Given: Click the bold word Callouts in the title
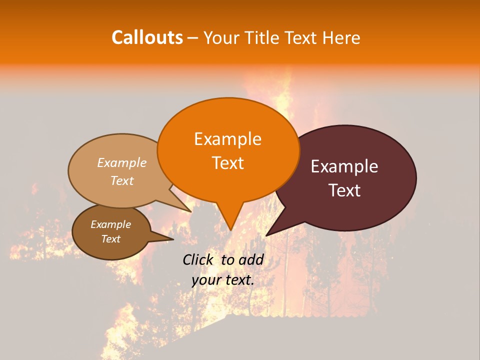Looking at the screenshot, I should point(147,37).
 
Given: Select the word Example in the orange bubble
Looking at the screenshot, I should point(227,139).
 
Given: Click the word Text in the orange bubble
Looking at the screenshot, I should point(227,163).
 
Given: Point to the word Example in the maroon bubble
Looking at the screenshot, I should point(344,166).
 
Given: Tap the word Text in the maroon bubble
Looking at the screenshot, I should point(344,190).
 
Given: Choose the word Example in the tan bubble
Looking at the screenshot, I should point(122,163).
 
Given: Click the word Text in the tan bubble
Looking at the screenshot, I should point(122,180).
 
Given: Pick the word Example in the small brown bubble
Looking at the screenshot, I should point(110,224).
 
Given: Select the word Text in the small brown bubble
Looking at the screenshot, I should point(110,239).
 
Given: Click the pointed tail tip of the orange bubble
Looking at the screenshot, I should point(230,230).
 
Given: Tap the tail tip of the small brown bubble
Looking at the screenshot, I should point(173,239).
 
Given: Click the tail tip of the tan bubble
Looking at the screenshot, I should point(191,211).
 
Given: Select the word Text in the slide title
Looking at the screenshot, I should point(299,37).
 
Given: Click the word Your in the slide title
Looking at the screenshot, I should point(220,37).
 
